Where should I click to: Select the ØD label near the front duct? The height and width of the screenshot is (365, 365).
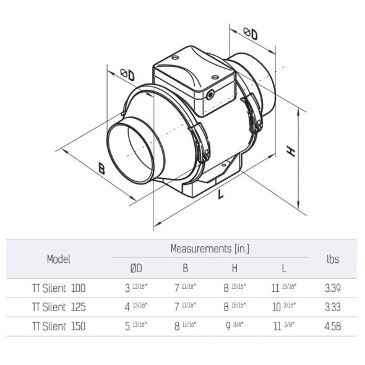[127, 74]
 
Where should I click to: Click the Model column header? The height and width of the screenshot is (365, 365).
[59, 259]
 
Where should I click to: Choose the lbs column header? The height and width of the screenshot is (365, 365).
[332, 259]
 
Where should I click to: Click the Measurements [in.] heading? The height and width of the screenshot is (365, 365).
[210, 249]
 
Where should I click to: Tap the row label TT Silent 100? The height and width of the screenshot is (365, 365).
[59, 288]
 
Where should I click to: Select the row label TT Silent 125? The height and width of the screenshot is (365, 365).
[59, 306]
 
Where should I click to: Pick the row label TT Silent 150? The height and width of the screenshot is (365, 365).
[59, 325]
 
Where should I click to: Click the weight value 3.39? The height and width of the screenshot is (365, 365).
[332, 288]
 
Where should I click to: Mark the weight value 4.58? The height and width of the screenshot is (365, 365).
[332, 325]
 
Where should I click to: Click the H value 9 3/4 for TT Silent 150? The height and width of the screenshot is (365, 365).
[234, 325]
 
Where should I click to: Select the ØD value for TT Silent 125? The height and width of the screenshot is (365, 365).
[135, 306]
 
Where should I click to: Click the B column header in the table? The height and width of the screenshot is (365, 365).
[185, 268]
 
